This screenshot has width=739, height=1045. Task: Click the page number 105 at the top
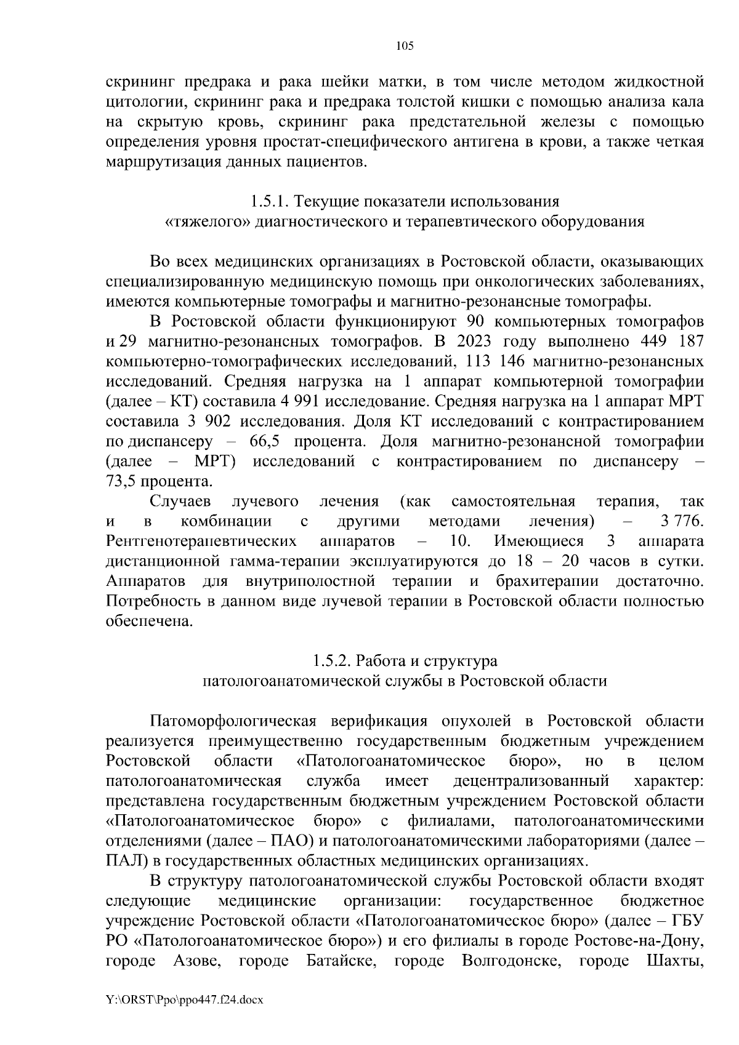click(405, 46)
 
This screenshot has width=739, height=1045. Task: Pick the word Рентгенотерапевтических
click(200, 541)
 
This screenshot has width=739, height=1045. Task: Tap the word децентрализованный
click(531, 781)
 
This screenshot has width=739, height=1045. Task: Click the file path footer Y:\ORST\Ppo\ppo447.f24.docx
click(185, 1001)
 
